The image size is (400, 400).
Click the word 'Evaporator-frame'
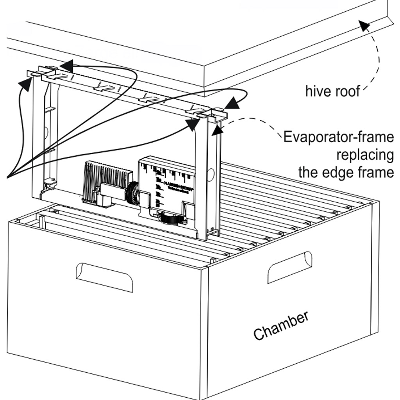(338, 137)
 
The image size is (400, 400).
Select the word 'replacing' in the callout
(365, 155)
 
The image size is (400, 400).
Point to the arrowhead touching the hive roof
(364, 26)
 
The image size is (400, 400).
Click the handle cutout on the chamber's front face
(104, 277)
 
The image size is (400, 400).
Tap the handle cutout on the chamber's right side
(289, 267)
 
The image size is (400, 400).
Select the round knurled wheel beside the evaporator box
(132, 193)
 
